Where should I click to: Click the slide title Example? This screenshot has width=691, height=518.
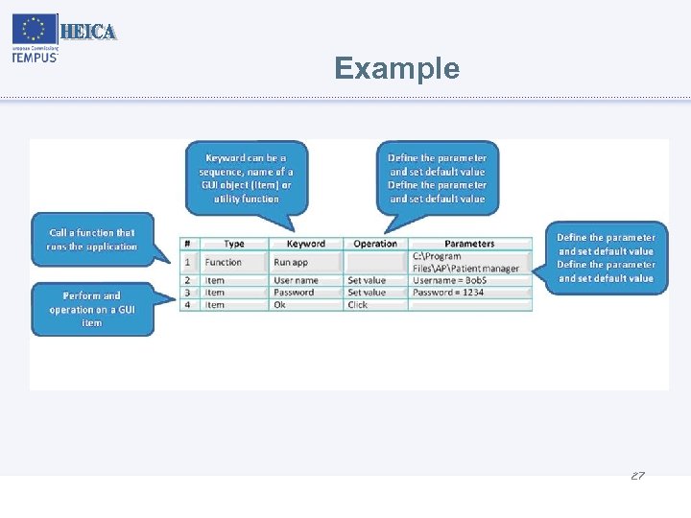(x=396, y=68)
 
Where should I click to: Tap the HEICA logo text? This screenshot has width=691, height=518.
(x=88, y=32)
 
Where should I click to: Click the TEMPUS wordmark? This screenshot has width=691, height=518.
(x=36, y=57)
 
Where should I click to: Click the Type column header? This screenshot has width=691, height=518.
(x=233, y=244)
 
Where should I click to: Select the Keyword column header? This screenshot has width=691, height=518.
(x=306, y=244)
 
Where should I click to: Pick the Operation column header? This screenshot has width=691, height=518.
(x=375, y=244)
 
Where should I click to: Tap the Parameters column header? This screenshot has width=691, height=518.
(x=469, y=244)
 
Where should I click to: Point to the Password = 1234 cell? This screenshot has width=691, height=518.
(x=448, y=293)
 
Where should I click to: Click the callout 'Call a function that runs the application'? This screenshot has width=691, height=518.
(x=92, y=240)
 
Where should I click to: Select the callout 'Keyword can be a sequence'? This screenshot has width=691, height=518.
(x=246, y=177)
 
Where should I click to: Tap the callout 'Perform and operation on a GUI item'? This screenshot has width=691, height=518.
(x=92, y=309)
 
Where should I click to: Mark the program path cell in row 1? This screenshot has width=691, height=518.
(x=466, y=262)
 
